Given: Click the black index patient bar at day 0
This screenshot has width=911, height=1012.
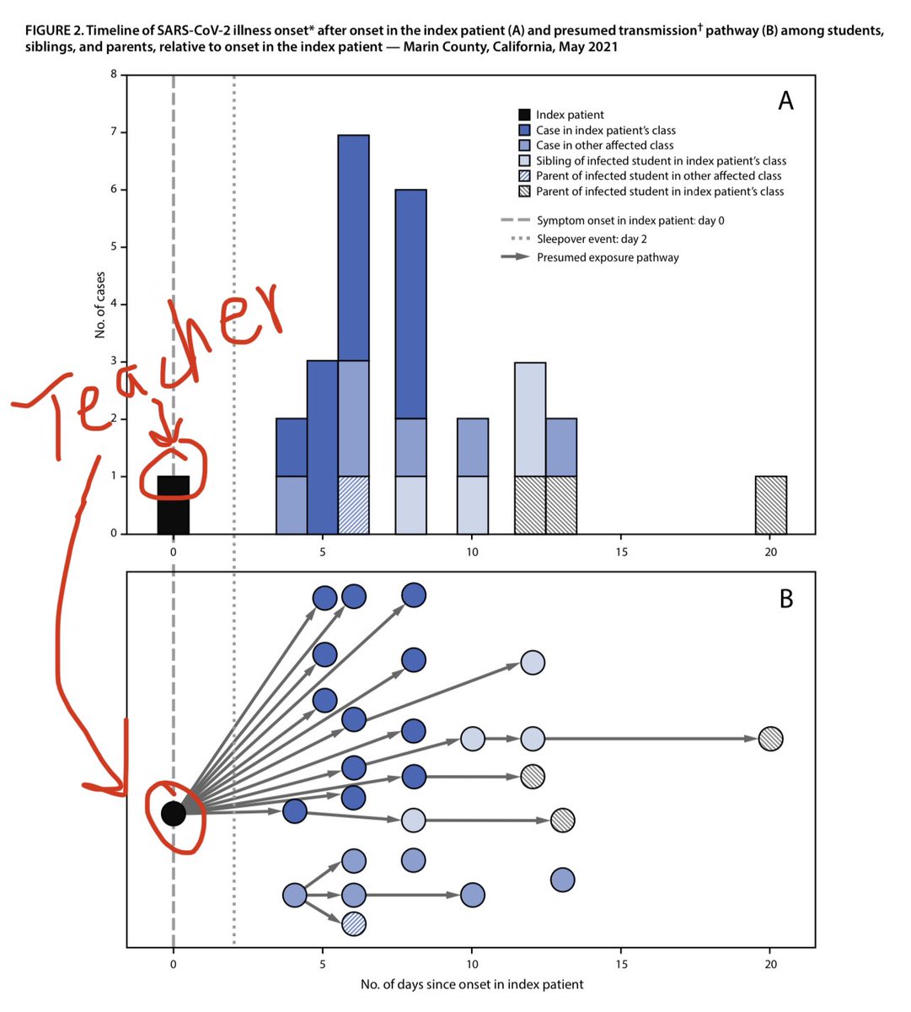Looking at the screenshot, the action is [x=174, y=504].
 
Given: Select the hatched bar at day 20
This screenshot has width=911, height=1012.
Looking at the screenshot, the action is [x=771, y=504].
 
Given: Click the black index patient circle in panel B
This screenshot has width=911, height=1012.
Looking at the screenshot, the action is [x=174, y=813].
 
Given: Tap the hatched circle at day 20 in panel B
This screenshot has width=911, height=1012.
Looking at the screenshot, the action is [x=771, y=739].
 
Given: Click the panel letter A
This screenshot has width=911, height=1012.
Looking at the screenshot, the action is [x=785, y=101].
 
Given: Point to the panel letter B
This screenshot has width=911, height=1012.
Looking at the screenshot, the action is [x=786, y=599].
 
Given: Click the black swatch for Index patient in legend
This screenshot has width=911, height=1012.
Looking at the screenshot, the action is [x=524, y=115].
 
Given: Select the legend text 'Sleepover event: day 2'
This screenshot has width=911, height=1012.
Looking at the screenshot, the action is [x=592, y=240].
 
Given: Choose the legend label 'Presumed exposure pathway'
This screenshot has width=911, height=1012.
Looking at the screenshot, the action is [x=608, y=257].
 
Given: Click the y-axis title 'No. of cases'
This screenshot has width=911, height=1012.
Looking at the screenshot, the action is [x=99, y=304].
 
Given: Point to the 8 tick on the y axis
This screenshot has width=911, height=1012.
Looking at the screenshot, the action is [x=114, y=74].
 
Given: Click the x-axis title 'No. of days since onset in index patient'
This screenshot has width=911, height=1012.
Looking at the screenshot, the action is [x=472, y=984].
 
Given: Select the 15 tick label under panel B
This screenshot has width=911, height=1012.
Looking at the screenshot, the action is [x=621, y=964].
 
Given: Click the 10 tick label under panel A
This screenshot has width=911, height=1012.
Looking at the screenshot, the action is [x=472, y=552].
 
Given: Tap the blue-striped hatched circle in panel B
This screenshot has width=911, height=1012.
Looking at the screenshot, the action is [x=354, y=925].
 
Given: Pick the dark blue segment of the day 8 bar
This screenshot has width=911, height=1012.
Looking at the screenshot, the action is [x=411, y=304].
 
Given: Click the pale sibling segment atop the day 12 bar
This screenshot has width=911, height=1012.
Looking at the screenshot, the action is [x=530, y=419].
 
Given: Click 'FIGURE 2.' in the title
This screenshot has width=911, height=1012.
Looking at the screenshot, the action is [x=55, y=30].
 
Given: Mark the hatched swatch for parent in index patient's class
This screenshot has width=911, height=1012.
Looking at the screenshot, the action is [x=524, y=191].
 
